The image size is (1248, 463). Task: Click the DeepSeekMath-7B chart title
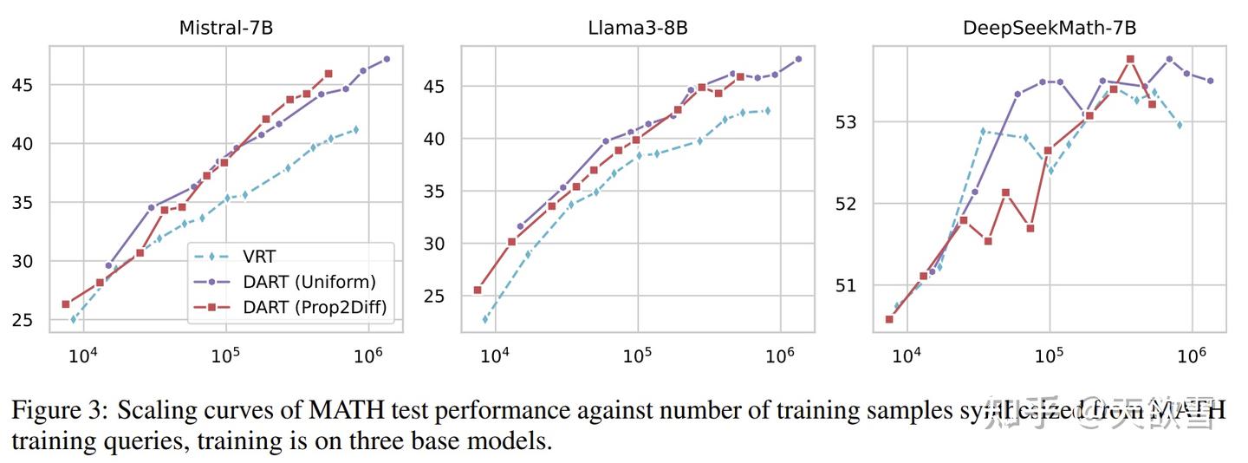[1049, 28]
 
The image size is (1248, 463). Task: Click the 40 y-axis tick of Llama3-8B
[435, 139]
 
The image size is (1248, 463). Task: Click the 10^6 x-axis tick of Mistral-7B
[369, 355]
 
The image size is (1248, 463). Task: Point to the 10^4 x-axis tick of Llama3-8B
[495, 355]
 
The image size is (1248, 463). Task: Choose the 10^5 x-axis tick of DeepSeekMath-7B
[1050, 355]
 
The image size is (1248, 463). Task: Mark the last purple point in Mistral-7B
[387, 59]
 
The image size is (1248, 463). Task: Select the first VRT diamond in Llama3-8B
[484, 319]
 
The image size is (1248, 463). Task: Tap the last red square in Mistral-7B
[328, 74]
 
